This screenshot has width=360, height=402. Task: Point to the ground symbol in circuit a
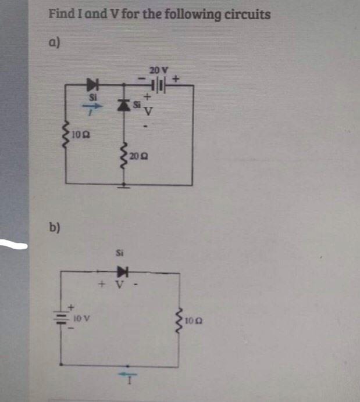pyautogui.click(x=124, y=186)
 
